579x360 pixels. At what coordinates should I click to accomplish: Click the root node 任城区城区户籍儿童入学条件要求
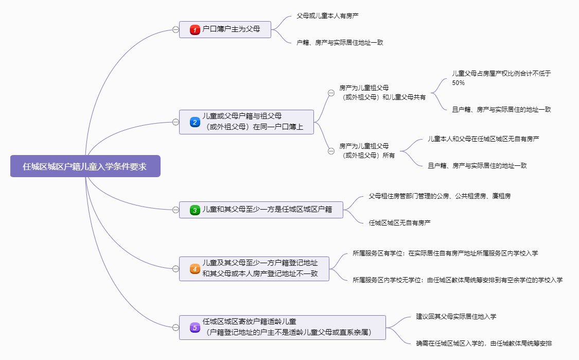coord(85,166)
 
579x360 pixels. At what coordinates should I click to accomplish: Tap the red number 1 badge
coord(195,30)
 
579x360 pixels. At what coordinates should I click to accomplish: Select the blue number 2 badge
coord(195,122)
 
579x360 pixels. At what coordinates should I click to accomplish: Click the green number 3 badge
coord(195,210)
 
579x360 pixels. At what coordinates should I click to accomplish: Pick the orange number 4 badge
coord(195,269)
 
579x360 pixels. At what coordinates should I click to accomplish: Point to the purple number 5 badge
coord(195,327)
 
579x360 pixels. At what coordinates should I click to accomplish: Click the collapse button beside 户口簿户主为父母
coord(176,30)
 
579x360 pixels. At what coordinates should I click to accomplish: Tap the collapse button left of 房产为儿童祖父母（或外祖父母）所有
coord(331,150)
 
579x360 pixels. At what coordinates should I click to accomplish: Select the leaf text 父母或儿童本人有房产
coord(327,16)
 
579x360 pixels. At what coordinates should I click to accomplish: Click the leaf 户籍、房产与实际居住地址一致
coord(340,43)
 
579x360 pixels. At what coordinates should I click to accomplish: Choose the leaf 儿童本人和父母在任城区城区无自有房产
coord(483,139)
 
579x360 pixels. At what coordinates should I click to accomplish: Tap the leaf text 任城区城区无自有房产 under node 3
coord(399,223)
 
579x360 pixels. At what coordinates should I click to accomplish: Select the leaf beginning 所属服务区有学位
coord(445,253)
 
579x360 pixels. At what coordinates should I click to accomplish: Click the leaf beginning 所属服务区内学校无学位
coord(458,280)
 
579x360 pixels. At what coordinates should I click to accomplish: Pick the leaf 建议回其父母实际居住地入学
coord(456,316)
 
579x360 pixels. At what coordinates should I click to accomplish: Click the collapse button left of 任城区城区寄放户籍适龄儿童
coord(176,327)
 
